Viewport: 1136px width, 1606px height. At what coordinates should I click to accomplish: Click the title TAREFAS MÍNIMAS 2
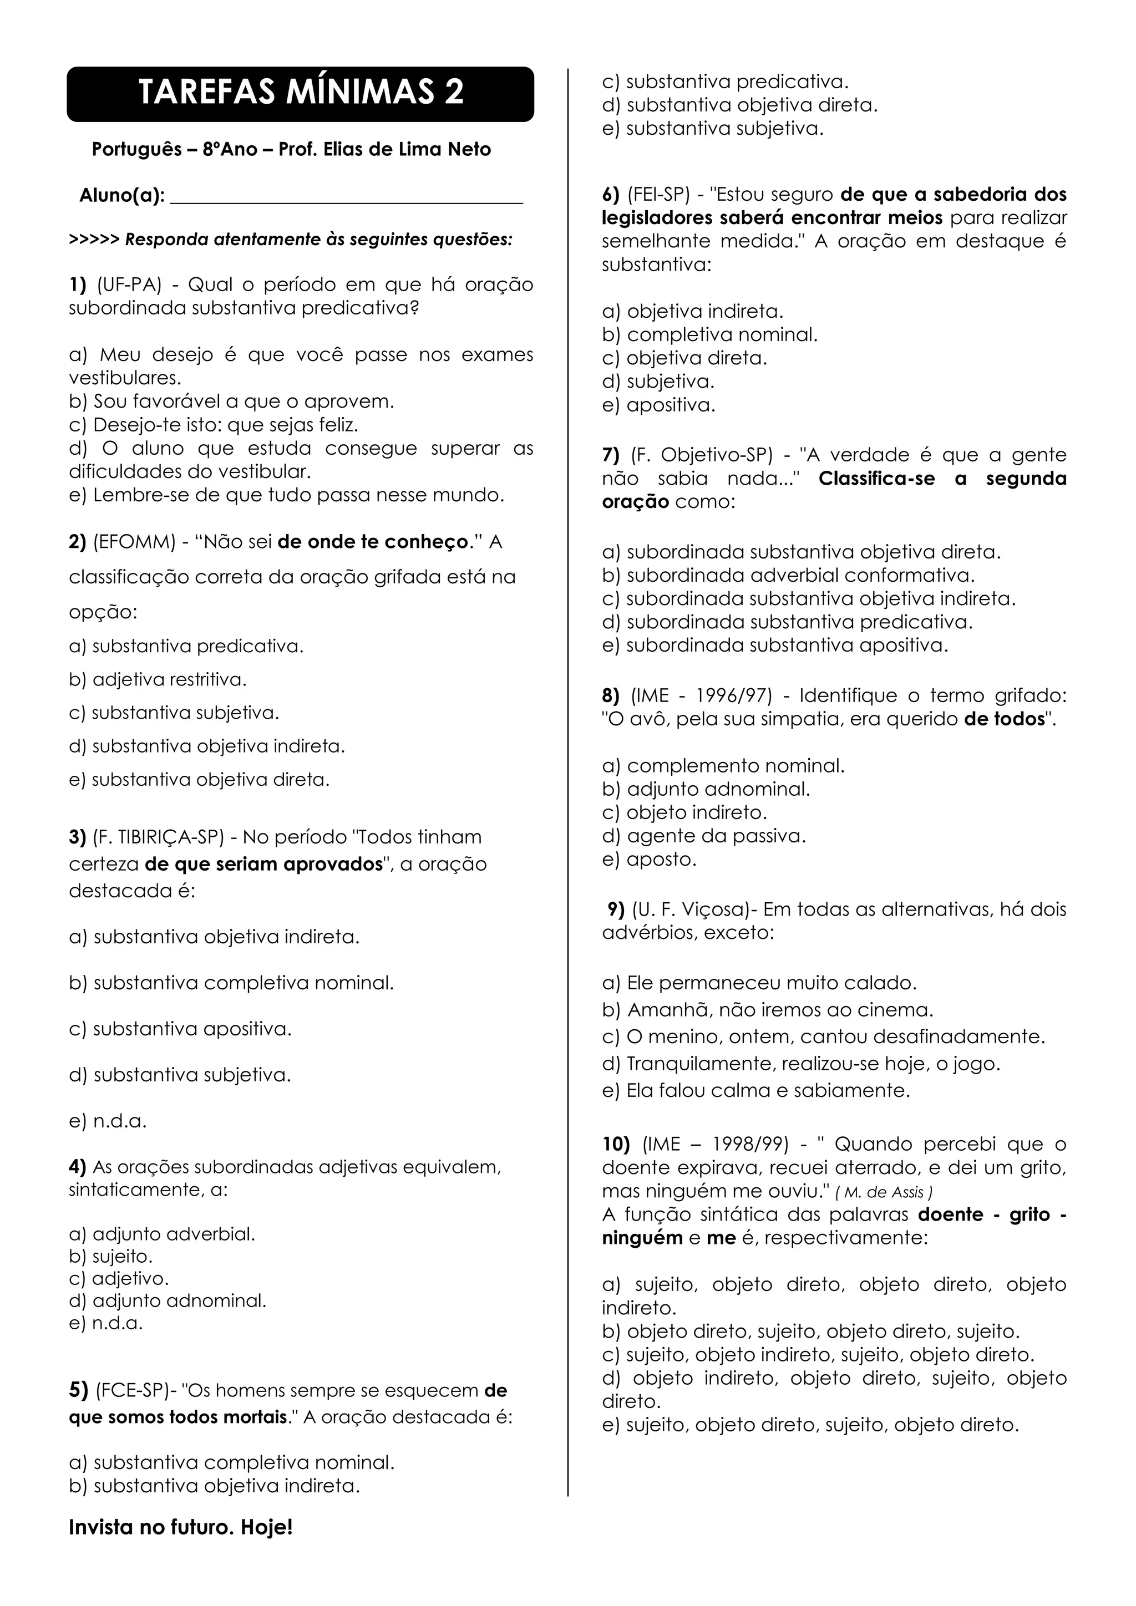click(301, 92)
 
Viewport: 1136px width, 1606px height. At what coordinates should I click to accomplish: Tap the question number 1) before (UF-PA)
click(78, 284)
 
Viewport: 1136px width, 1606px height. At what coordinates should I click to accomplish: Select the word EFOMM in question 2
click(134, 542)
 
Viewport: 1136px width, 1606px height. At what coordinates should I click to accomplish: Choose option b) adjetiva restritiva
click(158, 679)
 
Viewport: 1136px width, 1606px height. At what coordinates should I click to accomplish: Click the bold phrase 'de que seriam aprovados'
click(263, 864)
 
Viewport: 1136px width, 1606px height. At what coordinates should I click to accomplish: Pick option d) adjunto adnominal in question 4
click(168, 1300)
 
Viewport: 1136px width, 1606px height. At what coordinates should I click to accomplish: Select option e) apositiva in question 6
click(658, 405)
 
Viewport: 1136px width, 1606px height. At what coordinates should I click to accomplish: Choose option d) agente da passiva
click(704, 836)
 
